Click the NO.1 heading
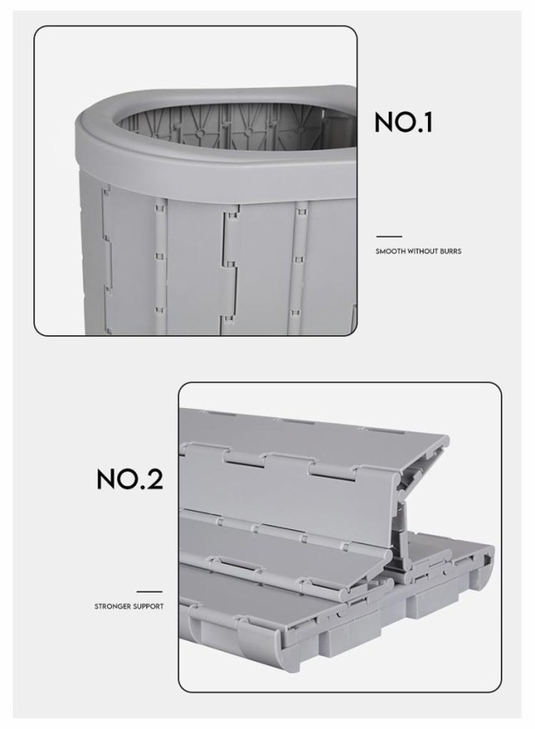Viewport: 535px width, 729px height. pyautogui.click(x=404, y=123)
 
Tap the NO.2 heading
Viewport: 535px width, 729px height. pyautogui.click(x=130, y=479)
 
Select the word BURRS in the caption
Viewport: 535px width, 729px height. pyautogui.click(x=451, y=251)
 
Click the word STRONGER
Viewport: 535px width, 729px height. pyautogui.click(x=111, y=606)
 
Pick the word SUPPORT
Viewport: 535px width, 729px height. pyautogui.click(x=147, y=606)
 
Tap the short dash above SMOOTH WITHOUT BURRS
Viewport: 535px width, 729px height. pyautogui.click(x=389, y=237)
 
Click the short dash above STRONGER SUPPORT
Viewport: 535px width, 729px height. pyautogui.click(x=150, y=592)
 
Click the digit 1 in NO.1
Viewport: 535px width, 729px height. pyautogui.click(x=428, y=123)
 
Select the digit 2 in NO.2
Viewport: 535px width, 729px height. pyautogui.click(x=155, y=479)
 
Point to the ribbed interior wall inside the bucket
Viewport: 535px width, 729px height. pyautogui.click(x=218, y=125)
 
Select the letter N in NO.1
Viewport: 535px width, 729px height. pyautogui.click(x=385, y=123)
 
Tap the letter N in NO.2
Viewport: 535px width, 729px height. pyautogui.click(x=105, y=479)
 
